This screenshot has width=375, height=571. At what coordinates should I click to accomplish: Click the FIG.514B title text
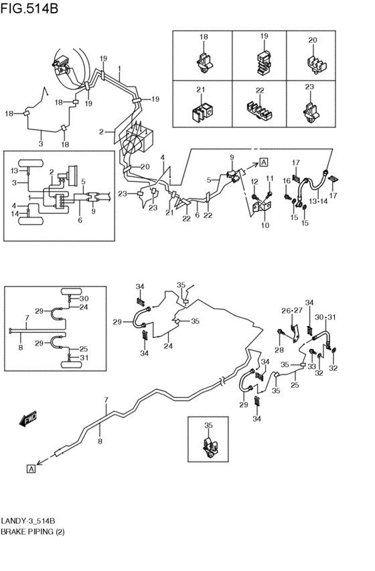click(29, 8)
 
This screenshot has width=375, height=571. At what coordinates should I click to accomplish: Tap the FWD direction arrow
click(28, 419)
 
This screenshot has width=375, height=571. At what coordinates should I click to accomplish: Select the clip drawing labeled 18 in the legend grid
click(204, 62)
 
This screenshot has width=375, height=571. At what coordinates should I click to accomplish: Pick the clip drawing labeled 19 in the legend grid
click(264, 62)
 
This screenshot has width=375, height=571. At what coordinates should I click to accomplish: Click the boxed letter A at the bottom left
click(31, 469)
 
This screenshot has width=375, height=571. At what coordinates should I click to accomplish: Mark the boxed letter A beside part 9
click(264, 162)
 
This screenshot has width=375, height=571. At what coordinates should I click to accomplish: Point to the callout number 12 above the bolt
click(254, 181)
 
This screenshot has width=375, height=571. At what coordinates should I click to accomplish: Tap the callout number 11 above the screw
click(269, 178)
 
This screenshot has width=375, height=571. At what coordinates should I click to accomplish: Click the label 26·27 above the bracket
click(292, 311)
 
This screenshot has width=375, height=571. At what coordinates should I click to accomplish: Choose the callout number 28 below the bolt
click(279, 350)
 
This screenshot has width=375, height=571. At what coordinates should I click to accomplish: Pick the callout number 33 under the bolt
click(312, 367)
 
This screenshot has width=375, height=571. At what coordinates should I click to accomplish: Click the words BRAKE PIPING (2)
click(33, 531)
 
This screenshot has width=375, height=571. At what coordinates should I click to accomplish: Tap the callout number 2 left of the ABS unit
click(101, 132)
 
